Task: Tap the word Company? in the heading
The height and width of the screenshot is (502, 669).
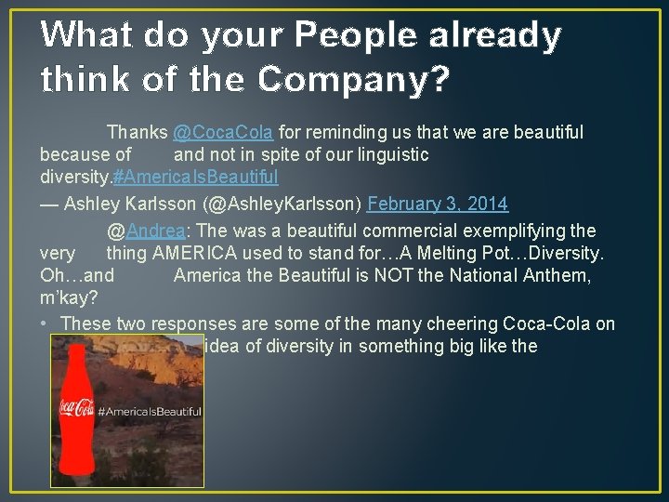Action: click(354, 81)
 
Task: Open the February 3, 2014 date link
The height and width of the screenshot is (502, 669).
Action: click(438, 203)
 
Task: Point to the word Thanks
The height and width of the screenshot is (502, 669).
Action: click(137, 133)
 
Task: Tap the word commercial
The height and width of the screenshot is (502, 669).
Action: click(418, 231)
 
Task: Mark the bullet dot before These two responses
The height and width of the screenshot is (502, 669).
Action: click(46, 324)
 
